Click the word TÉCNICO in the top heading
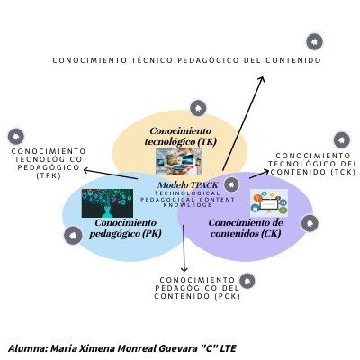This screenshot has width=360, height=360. pyautogui.click(x=152, y=60)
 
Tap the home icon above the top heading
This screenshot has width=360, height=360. pyautogui.click(x=314, y=41)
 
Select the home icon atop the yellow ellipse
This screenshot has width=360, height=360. pyautogui.click(x=198, y=108)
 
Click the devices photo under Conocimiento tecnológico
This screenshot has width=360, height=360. pyautogui.click(x=179, y=161)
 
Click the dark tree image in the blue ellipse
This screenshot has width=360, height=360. pyautogui.click(x=107, y=203)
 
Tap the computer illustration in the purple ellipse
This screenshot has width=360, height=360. pyautogui.click(x=269, y=203)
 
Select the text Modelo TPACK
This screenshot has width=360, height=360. pyautogui.click(x=188, y=184)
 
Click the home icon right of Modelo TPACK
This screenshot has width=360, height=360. pyautogui.click(x=231, y=184)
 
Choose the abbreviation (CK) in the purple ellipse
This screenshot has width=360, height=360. pyautogui.click(x=271, y=233)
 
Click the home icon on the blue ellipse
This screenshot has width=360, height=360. pyautogui.click(x=73, y=236)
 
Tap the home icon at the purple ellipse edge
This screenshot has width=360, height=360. pyautogui.click(x=310, y=223)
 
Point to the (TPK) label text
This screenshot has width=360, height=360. pyautogui.click(x=49, y=175)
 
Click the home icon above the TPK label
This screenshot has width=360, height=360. pyautogui.click(x=16, y=137)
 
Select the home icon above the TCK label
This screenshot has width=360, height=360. pyautogui.click(x=342, y=140)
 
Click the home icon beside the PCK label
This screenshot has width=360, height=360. pyautogui.click(x=247, y=281)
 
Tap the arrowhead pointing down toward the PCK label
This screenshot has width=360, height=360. pyautogui.click(x=184, y=268)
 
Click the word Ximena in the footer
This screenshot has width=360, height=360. pyautogui.click(x=97, y=348)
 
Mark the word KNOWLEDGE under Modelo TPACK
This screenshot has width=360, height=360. pyautogui.click(x=187, y=205)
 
